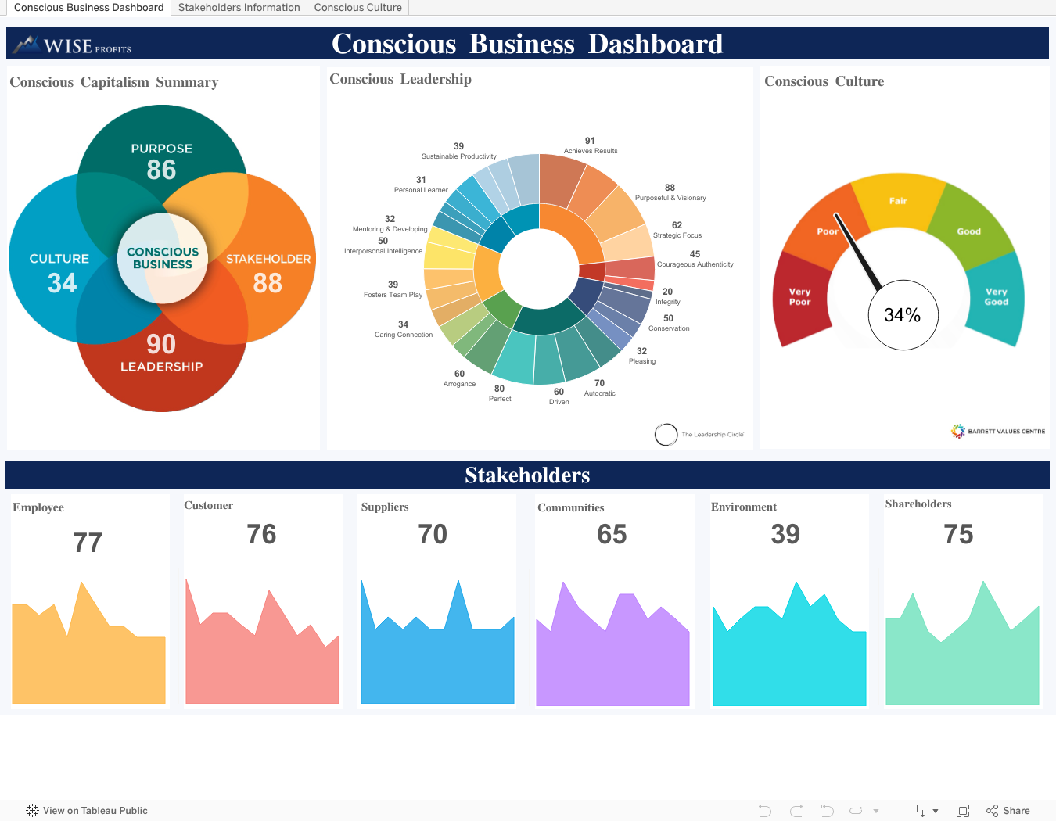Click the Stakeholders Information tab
(x=239, y=8)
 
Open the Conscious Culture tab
(x=357, y=8)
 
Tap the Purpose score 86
(x=162, y=170)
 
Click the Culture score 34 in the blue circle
(x=62, y=282)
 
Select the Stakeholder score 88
(x=268, y=283)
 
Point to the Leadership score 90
(x=161, y=344)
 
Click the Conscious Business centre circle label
(x=163, y=258)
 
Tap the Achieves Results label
(x=591, y=151)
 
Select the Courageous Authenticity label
(x=695, y=264)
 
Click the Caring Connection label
(x=404, y=335)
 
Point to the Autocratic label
(x=600, y=393)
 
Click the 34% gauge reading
(x=903, y=315)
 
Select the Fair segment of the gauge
(x=898, y=201)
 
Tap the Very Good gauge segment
(x=996, y=296)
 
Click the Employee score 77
(x=88, y=543)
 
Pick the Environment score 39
(x=785, y=534)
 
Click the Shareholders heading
(x=918, y=504)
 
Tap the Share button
(x=1008, y=811)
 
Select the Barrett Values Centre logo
(x=998, y=431)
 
